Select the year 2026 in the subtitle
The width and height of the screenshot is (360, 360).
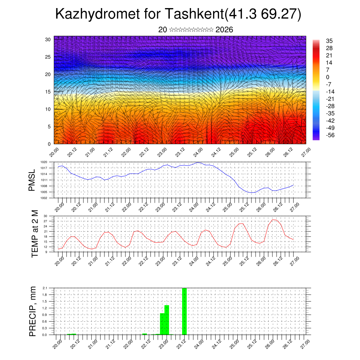coord(224,30)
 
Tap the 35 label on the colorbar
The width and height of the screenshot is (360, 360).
coord(329,41)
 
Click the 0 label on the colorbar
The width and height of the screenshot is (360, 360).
coord(328,77)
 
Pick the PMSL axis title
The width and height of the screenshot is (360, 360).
coord(32,180)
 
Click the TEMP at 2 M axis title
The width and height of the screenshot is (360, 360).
coord(34,234)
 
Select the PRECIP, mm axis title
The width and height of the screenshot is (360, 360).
coord(33,311)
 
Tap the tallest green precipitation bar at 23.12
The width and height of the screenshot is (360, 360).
coord(184,311)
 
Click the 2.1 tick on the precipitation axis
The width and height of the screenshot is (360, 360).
coord(45,288)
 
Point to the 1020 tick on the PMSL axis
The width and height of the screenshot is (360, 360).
coord(44,162)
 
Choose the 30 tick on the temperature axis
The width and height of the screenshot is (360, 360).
coord(45,216)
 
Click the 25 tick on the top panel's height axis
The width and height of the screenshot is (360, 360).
coord(48,57)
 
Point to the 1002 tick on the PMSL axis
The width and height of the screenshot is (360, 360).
coord(44,198)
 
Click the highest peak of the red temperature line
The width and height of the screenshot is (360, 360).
coord(274,220)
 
